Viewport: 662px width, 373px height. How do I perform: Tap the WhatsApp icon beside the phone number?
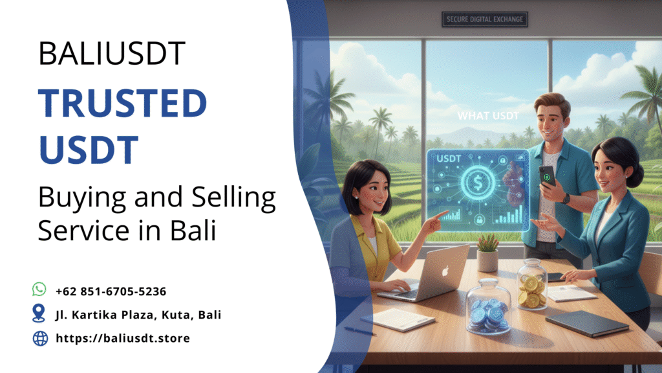click(39, 289)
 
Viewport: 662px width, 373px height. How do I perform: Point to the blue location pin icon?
click(39, 314)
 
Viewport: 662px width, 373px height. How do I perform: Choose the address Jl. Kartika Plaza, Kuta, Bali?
click(138, 315)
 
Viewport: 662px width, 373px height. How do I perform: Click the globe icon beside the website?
click(39, 338)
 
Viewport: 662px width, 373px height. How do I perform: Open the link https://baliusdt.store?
click(123, 338)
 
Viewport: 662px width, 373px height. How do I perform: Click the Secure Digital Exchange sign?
click(485, 19)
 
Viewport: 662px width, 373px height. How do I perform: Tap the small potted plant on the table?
click(487, 252)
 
